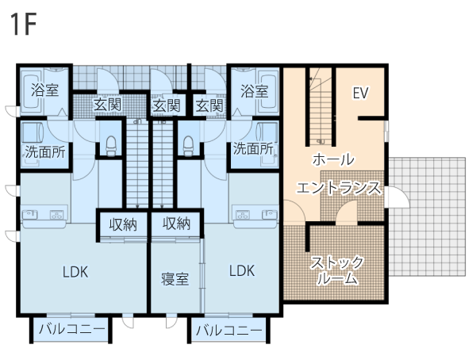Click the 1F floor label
tap(23, 25)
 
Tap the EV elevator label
tap(360, 93)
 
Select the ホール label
tap(333, 159)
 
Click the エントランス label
tap(339, 188)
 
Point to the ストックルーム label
tap(337, 270)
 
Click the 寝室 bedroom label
tap(175, 279)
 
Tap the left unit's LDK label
tap(75, 272)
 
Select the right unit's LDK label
tap(242, 270)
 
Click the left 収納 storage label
tap(123, 225)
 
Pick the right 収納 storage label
tap(176, 224)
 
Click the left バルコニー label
tap(72, 329)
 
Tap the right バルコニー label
tap(229, 330)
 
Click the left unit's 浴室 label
tap(45, 90)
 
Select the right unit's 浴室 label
tap(255, 91)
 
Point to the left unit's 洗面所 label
tap(45, 152)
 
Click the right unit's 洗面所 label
tap(253, 149)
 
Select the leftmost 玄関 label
tap(107, 105)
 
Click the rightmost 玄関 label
tap(209, 106)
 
